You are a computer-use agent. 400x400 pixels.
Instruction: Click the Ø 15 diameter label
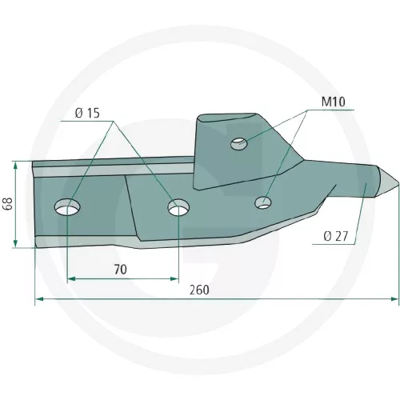point(87,113)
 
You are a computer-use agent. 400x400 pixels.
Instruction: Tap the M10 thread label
point(333,102)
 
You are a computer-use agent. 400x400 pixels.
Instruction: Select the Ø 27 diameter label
point(336,236)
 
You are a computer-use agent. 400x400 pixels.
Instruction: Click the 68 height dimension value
point(8,204)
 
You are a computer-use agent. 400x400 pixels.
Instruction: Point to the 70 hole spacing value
point(121,270)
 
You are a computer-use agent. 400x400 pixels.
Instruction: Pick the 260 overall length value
point(199,290)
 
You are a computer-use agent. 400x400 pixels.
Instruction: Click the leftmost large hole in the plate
point(67,207)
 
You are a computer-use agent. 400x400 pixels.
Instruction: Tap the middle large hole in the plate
point(178,207)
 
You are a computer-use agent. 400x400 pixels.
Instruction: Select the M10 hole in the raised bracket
point(238,144)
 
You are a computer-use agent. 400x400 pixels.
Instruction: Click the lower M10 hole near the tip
point(263,202)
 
